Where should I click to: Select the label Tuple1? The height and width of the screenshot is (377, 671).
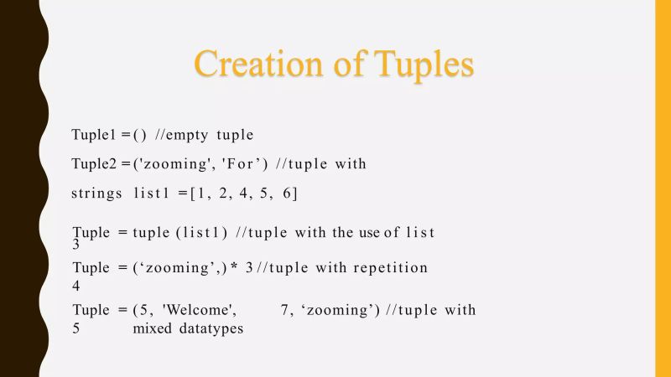click(94, 135)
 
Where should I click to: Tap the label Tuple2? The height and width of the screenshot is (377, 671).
click(94, 164)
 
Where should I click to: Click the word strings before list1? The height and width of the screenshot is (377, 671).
click(96, 194)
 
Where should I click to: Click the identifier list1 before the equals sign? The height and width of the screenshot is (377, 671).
click(154, 194)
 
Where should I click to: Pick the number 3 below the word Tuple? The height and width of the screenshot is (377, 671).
click(75, 245)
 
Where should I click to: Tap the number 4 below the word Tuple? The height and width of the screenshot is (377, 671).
click(76, 286)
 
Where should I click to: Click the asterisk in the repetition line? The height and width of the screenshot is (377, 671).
click(236, 268)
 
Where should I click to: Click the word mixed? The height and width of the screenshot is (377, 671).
click(151, 328)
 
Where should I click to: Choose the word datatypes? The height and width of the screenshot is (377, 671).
click(210, 328)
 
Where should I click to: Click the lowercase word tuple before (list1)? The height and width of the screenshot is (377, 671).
click(151, 232)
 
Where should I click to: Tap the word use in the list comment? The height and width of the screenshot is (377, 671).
click(370, 232)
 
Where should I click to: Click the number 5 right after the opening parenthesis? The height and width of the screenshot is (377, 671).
click(141, 310)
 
